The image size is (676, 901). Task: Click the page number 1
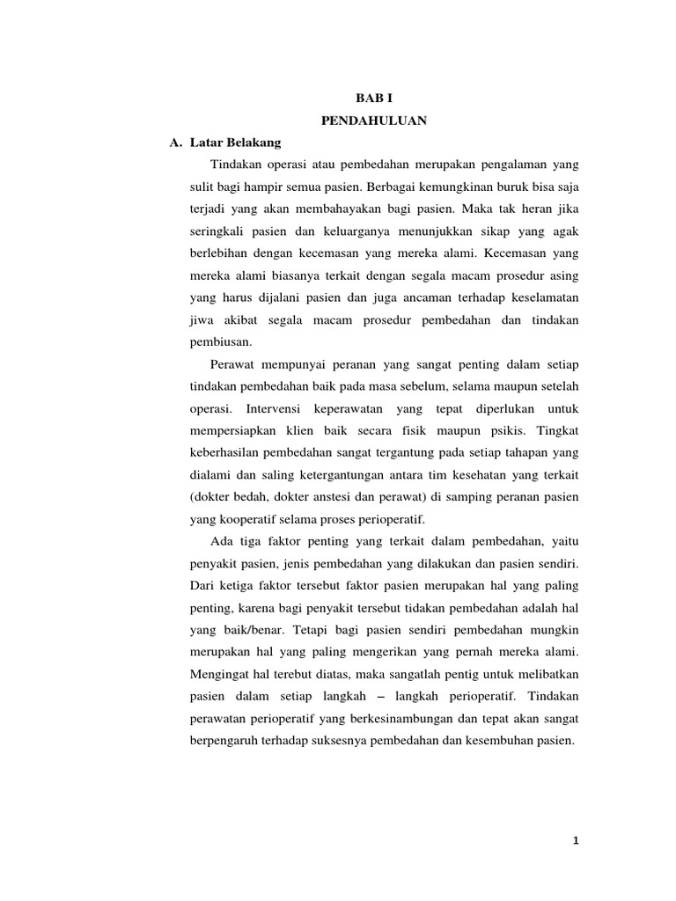tap(576, 840)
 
